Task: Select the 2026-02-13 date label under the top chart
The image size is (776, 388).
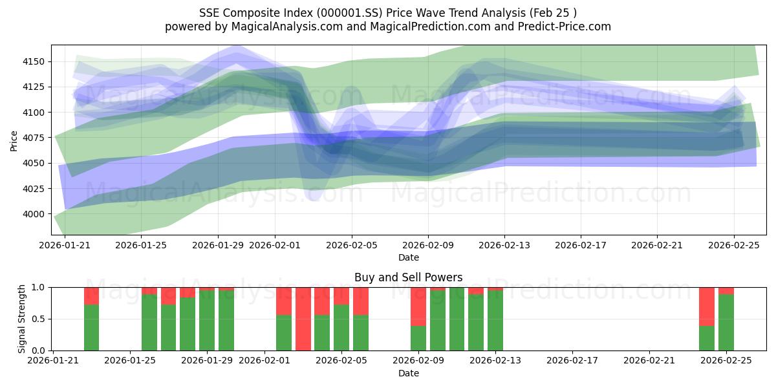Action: click(504, 245)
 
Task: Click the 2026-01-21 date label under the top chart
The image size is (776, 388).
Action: click(65, 245)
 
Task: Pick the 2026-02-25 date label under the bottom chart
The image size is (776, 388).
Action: click(726, 361)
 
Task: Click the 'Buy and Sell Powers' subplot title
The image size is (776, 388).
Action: click(408, 277)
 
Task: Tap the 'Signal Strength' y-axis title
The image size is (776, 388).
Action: click(22, 319)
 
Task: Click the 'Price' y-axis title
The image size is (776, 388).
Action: click(14, 140)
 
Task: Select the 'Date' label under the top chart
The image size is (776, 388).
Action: click(408, 257)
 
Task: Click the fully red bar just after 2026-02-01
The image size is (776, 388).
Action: click(303, 319)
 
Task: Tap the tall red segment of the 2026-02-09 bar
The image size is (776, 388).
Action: click(418, 306)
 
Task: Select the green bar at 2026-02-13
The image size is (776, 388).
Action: click(495, 320)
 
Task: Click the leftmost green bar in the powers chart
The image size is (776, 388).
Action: click(92, 327)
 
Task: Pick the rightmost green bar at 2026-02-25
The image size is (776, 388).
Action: click(726, 322)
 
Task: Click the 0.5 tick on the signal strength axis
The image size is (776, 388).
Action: click(38, 319)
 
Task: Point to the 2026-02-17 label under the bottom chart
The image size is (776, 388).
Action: click(573, 361)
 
